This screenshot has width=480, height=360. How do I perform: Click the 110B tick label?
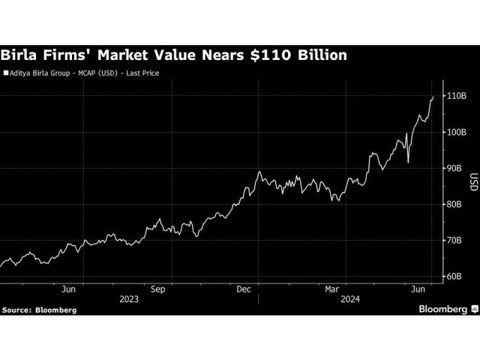point(458,97)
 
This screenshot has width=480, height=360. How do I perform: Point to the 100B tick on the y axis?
point(458,133)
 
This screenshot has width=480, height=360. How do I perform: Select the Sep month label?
point(158,287)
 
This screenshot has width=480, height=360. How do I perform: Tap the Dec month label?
point(244,287)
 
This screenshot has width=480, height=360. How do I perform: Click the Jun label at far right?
point(421,287)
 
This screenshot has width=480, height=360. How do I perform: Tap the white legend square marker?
point(6,74)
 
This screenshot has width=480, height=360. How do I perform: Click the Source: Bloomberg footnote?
point(38,308)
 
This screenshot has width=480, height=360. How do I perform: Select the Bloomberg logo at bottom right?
point(445,308)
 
